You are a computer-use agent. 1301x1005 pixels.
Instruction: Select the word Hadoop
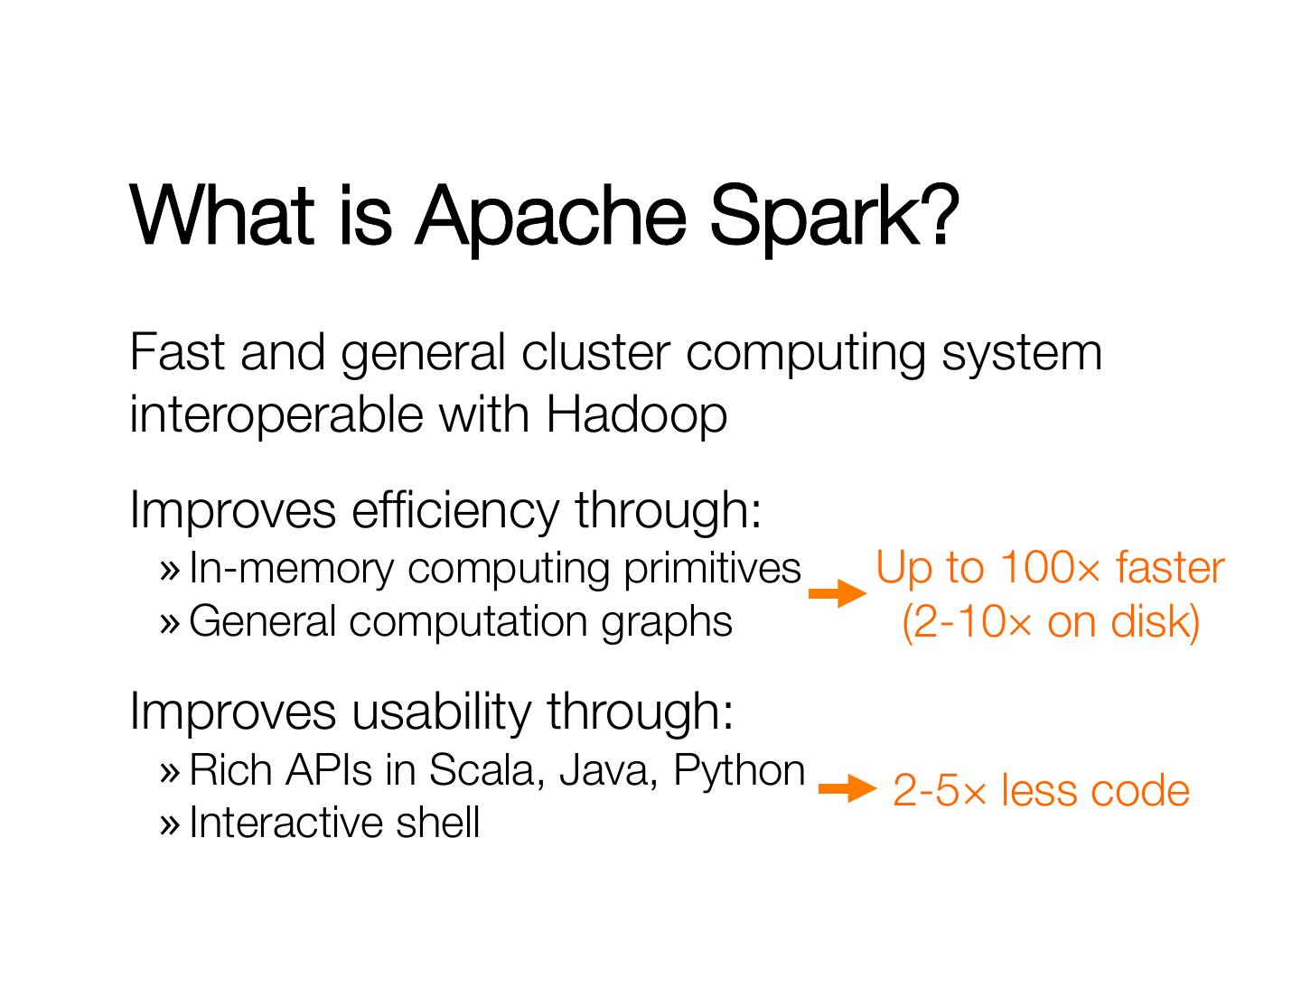click(636, 415)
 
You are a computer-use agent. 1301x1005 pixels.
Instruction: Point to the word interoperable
click(276, 415)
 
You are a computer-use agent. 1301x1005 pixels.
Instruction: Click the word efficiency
click(454, 510)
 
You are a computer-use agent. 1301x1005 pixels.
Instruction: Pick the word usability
click(441, 711)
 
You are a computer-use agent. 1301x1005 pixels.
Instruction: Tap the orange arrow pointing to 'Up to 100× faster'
click(837, 593)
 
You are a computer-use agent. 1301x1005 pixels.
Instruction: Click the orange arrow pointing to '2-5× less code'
click(847, 789)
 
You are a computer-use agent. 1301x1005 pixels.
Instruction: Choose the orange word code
click(1141, 791)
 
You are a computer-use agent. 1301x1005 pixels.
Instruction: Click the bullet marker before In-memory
click(170, 570)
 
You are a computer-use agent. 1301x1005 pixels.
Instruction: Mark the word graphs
click(667, 623)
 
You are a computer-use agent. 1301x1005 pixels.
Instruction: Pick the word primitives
click(712, 569)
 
